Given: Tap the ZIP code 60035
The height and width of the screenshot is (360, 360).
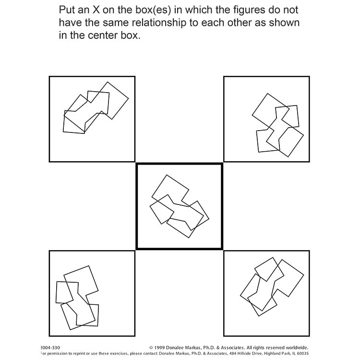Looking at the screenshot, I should coord(301,353).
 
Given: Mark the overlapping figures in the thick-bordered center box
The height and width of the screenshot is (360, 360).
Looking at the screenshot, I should coord(179,206).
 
